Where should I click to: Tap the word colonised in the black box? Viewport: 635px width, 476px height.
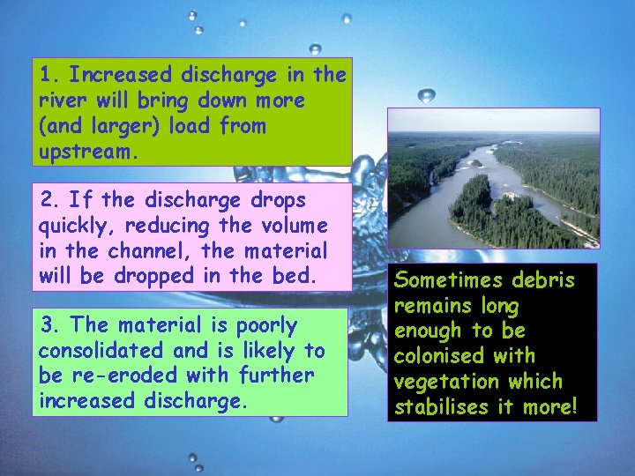pos(439,356)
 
